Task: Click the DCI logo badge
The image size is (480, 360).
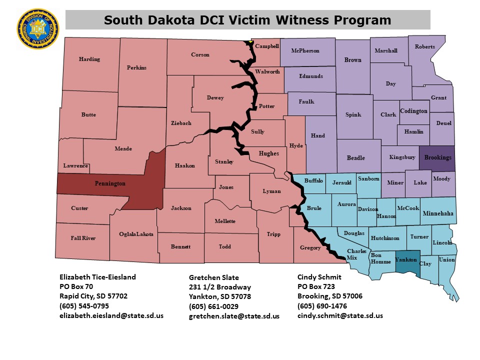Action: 37,28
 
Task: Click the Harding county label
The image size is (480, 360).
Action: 89,59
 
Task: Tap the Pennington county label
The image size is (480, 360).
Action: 110,184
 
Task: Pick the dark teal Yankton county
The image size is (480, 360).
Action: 406,260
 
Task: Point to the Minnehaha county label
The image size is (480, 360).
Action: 438,213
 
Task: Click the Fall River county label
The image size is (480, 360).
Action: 83,238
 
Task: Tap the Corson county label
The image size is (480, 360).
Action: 200,55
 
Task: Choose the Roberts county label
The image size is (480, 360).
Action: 425,47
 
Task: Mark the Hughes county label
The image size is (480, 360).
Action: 268,153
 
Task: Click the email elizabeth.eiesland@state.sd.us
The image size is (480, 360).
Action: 111,315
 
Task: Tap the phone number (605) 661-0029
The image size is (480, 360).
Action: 213,306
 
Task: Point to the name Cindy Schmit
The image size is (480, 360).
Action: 320,277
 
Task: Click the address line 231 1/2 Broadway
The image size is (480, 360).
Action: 220,287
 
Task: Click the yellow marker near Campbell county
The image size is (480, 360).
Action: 250,41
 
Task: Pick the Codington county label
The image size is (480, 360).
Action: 414,111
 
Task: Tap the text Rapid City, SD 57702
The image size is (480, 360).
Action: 93,296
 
